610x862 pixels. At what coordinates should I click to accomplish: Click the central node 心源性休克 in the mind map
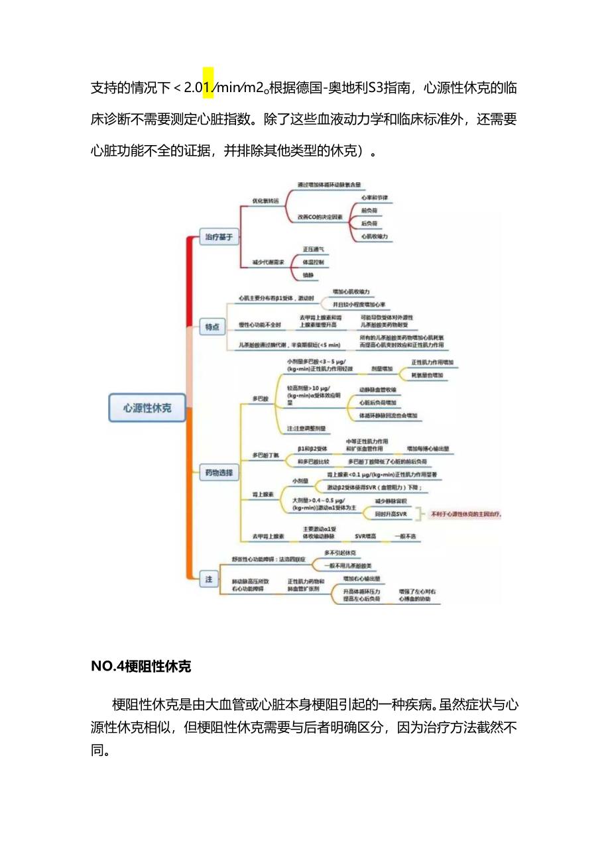[147, 408]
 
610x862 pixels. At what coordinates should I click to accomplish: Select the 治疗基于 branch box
[219, 237]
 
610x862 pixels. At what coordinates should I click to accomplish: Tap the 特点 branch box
[212, 326]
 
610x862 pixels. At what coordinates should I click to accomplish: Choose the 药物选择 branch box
[219, 472]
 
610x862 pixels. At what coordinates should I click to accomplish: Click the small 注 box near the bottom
[208, 579]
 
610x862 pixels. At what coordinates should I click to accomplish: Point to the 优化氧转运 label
[265, 199]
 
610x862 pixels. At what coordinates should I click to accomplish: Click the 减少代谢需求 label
[268, 262]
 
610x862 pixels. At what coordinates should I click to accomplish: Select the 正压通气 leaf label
[314, 249]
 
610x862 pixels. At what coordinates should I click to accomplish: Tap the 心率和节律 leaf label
[375, 197]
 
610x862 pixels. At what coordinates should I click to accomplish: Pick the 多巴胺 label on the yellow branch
[260, 399]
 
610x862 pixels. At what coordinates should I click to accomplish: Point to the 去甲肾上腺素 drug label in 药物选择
[268, 536]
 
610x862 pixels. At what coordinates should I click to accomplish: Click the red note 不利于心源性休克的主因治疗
[466, 513]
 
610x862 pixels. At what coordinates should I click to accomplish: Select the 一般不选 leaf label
[405, 536]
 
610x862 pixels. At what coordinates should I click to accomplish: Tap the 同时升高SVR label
[390, 513]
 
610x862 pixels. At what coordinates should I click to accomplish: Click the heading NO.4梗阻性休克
[141, 667]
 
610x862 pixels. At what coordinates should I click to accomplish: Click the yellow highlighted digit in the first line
[208, 87]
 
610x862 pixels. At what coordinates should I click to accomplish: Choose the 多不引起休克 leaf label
[340, 553]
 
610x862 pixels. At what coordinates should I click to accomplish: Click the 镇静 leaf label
[308, 275]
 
